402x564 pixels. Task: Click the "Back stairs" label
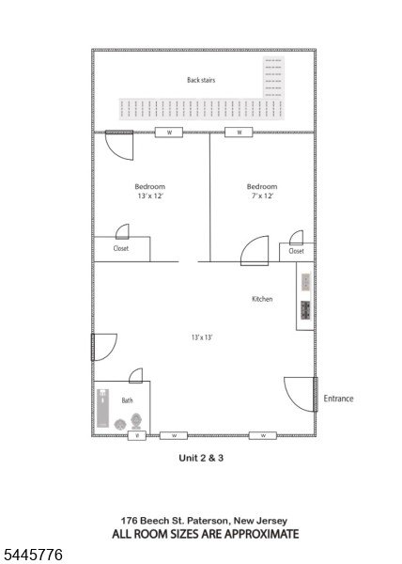point(201,80)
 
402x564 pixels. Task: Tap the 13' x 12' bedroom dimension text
point(150,196)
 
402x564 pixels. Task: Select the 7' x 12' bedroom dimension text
point(262,196)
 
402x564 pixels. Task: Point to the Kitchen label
point(262,299)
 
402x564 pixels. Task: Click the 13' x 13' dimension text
point(202,337)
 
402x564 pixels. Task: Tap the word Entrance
point(338,399)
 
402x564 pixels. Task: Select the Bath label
point(127,400)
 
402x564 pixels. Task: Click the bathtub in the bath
point(102,408)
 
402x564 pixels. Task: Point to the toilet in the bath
point(136,421)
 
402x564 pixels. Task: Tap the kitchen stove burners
point(305,310)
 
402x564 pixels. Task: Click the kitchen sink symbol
point(305,282)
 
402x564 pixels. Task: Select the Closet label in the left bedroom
point(121,248)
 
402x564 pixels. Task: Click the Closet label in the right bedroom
point(297,251)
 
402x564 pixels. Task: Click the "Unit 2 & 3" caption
point(201,458)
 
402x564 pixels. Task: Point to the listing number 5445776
point(32,555)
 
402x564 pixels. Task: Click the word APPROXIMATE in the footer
point(261,534)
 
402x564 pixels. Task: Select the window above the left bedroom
point(169,133)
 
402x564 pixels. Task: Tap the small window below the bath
point(137,435)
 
